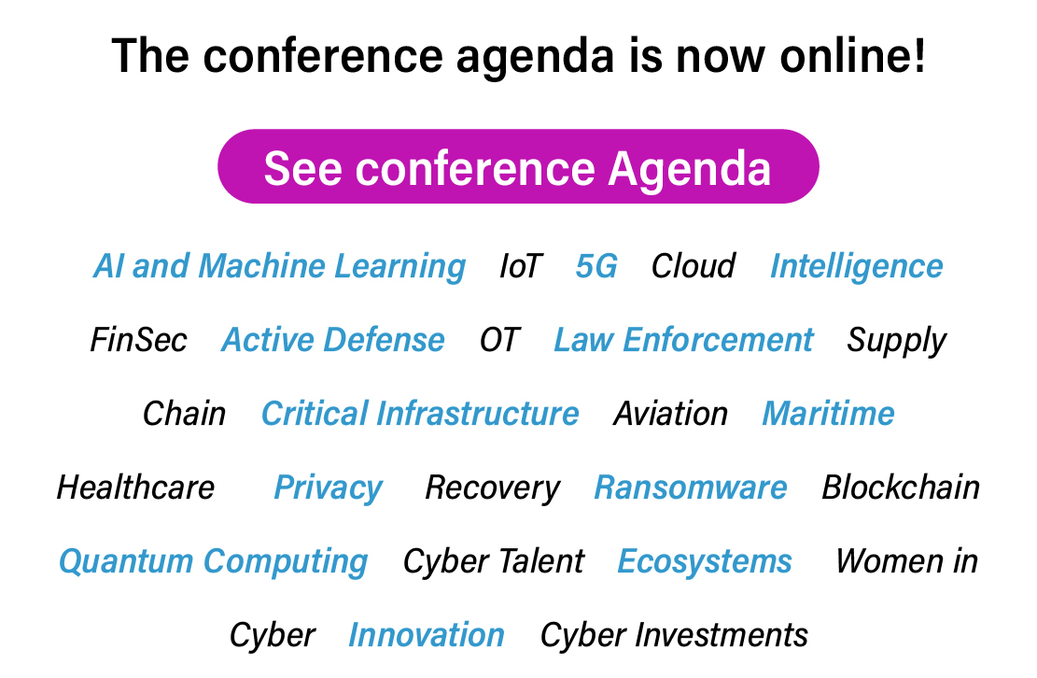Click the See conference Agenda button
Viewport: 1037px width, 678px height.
point(518,166)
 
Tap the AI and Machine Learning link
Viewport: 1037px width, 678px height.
point(279,267)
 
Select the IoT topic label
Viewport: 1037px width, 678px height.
point(521,266)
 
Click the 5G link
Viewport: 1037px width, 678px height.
point(596,266)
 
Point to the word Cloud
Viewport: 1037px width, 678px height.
point(693,266)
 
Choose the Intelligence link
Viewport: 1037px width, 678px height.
point(857,267)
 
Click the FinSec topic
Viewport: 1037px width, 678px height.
point(138,340)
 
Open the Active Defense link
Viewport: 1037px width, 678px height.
point(332,340)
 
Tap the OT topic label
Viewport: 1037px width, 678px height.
point(499,340)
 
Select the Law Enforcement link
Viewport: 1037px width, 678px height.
point(683,340)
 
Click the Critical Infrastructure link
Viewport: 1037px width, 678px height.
point(420,414)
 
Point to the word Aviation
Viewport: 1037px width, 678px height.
point(670,414)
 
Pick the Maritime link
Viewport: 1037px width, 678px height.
point(828,414)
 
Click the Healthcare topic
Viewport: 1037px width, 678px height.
point(135,487)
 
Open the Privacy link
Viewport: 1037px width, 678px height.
point(328,488)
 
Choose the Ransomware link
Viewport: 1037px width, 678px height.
point(691,487)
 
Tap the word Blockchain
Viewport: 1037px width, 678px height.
point(901,487)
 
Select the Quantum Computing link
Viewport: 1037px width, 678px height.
point(213,562)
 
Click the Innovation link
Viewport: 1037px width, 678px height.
point(427,635)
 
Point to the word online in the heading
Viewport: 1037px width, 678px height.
point(852,55)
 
